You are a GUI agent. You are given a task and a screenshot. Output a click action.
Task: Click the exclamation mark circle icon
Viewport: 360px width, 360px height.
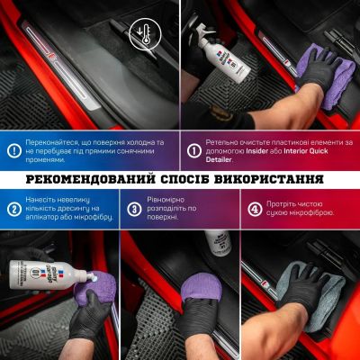(x=13, y=150)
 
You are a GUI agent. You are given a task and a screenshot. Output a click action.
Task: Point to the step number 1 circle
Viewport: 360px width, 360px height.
(x=193, y=150)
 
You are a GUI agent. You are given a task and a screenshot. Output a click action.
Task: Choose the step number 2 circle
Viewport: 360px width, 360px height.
(x=13, y=210)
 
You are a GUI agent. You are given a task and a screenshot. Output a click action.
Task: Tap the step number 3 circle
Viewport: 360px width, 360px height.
(x=133, y=210)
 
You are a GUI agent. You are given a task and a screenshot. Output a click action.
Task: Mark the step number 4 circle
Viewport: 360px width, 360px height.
(x=255, y=210)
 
